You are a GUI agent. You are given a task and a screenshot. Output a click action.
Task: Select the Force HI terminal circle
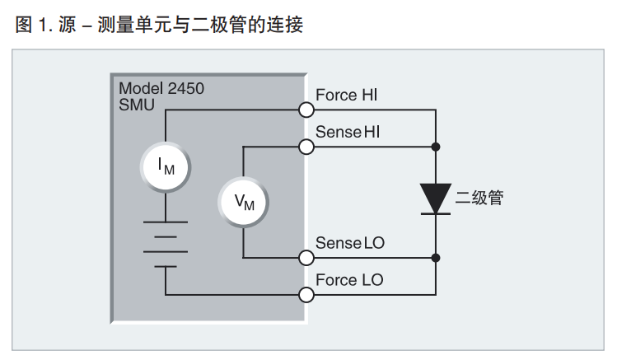(x=306, y=110)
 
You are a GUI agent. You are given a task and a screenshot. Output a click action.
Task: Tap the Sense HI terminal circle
(x=306, y=147)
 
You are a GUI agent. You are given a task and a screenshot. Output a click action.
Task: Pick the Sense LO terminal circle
(x=306, y=257)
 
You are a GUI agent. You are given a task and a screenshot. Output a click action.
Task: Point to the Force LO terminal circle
(x=306, y=294)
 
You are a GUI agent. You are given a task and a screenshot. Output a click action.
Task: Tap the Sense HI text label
(x=348, y=131)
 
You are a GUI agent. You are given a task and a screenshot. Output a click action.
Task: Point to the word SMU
(x=137, y=105)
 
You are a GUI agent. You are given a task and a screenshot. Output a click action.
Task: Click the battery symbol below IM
(x=166, y=244)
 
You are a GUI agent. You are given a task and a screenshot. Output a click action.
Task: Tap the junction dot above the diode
(x=436, y=147)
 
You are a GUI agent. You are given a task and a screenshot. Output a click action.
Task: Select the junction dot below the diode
(x=436, y=257)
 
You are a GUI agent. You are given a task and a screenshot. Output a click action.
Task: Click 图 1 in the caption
(x=33, y=26)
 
